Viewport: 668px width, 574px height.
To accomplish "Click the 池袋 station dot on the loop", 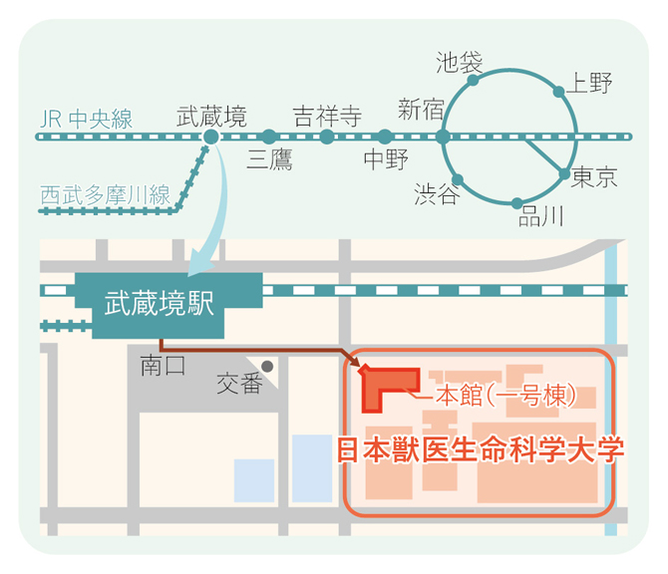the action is [x=473, y=80].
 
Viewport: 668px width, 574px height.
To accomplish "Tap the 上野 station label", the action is [x=589, y=83].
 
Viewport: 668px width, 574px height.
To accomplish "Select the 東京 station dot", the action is [x=564, y=173].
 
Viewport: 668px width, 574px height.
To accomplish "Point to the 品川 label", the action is [x=541, y=216].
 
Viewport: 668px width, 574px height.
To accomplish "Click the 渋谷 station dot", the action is [x=458, y=179].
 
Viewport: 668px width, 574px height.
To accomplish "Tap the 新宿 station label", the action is [x=421, y=109].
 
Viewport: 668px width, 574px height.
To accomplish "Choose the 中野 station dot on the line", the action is [x=385, y=137].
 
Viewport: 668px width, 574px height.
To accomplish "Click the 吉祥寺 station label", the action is [x=327, y=117].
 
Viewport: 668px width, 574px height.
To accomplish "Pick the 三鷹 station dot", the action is [x=269, y=137].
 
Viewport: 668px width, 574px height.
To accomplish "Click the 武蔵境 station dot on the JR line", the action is [x=211, y=137].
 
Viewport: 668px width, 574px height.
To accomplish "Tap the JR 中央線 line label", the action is [x=87, y=119].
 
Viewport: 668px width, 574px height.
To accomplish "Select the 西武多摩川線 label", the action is [x=106, y=195].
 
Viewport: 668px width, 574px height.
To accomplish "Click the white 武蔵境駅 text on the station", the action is [x=160, y=303].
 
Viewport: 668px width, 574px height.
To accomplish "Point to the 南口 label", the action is [x=164, y=366].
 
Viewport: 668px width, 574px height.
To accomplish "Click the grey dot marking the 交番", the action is [x=267, y=366].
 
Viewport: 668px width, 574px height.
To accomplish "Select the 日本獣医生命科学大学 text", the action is [x=481, y=449].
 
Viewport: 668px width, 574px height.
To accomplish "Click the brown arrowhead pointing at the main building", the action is [x=355, y=361].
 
